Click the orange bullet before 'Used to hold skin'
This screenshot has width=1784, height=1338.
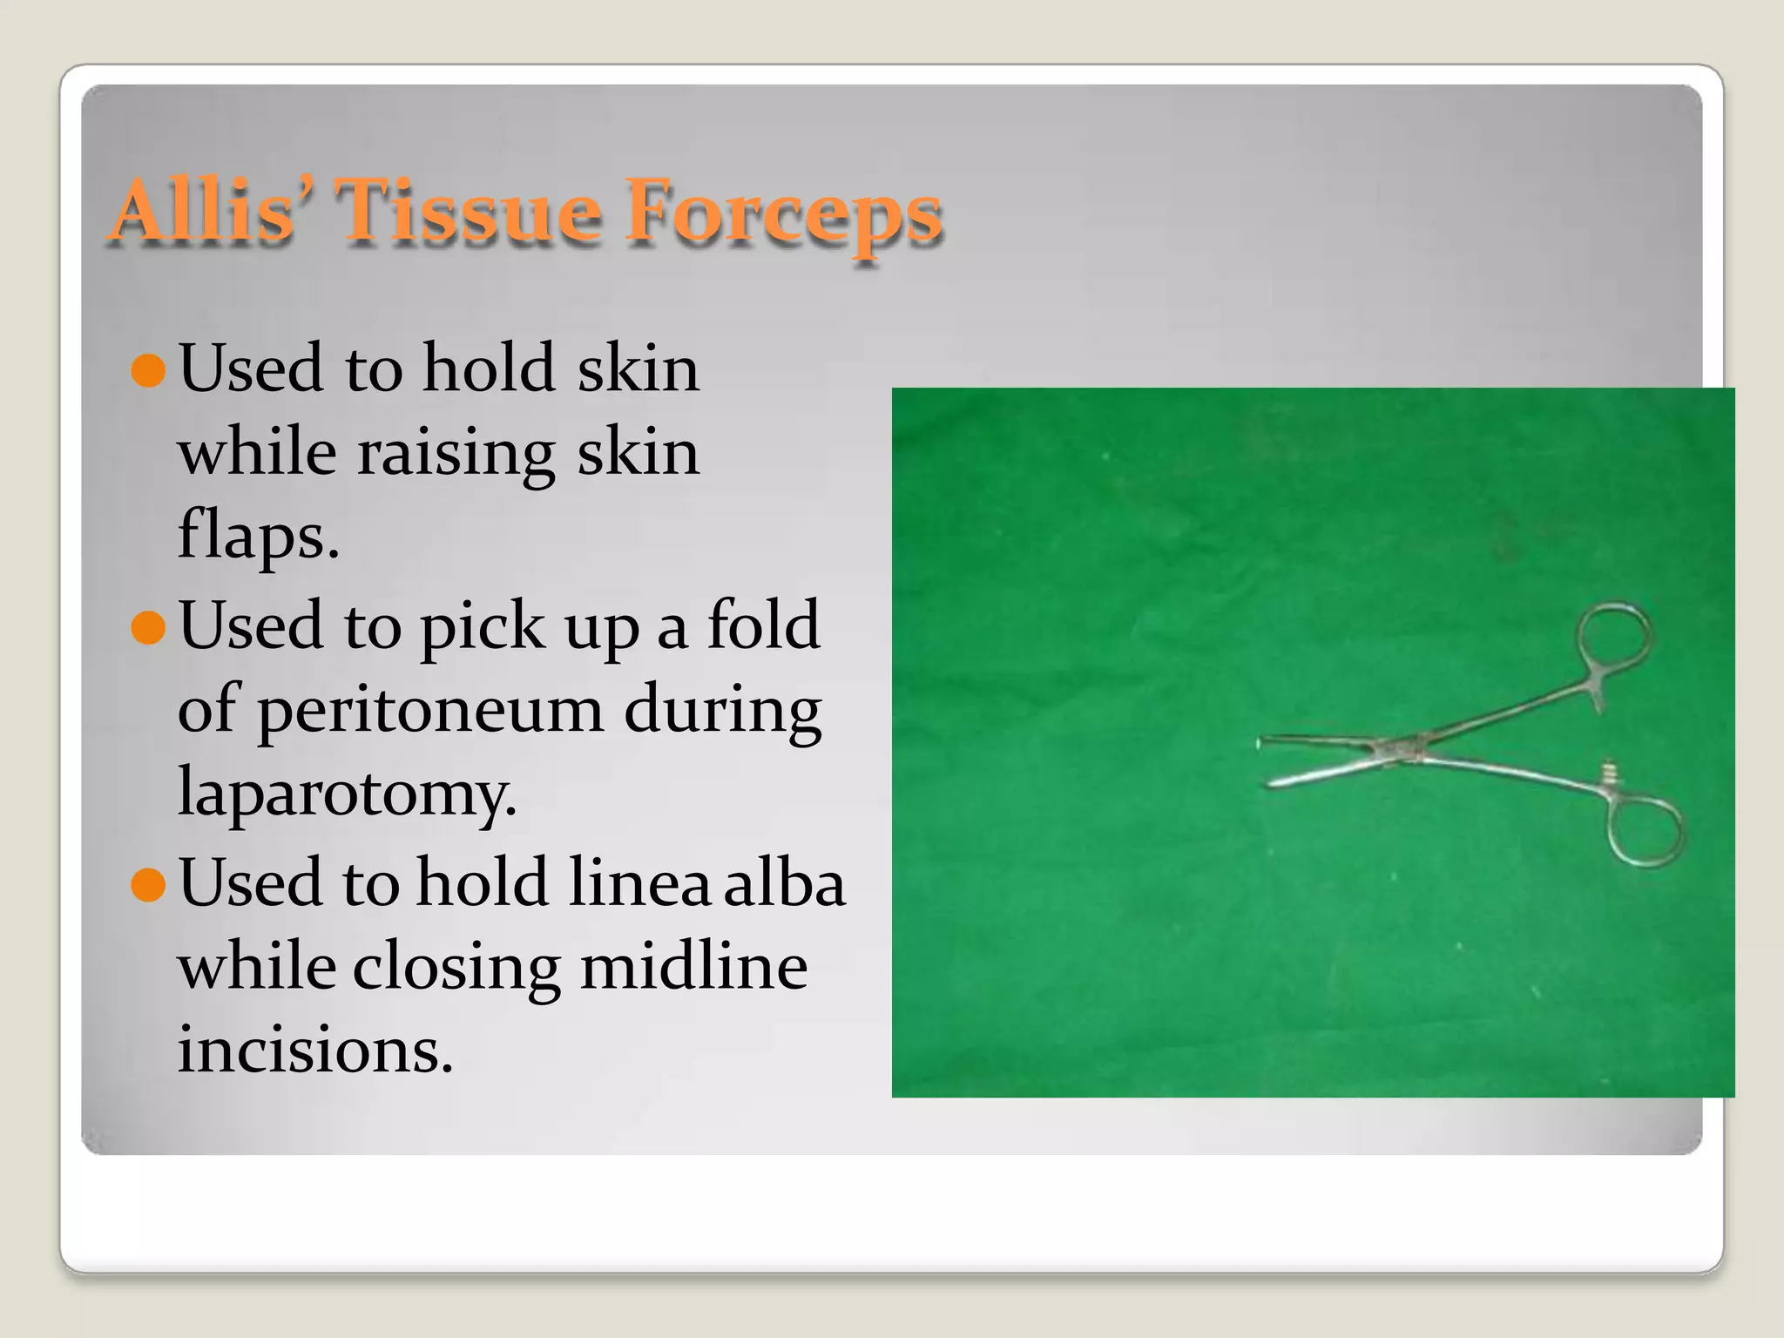[148, 369]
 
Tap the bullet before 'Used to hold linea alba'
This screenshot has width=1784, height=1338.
[148, 884]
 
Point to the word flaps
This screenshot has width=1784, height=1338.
[258, 535]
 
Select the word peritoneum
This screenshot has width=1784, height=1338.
[429, 709]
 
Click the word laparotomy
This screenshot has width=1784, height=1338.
[347, 793]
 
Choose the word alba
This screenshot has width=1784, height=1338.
[784, 882]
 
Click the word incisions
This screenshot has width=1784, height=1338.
[315, 1049]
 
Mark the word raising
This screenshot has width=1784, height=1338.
[456, 453]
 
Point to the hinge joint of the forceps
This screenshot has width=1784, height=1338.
[1398, 749]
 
